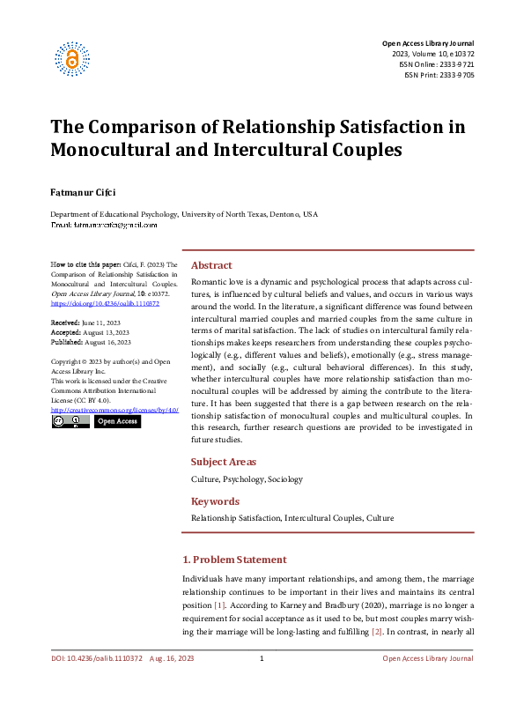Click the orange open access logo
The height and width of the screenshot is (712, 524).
[72, 58]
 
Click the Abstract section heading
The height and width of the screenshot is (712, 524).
[211, 265]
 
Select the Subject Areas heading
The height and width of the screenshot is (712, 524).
[224, 462]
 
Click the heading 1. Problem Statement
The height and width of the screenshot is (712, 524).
[233, 560]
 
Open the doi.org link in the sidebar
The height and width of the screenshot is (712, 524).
[105, 303]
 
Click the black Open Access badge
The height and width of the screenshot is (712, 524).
[116, 422]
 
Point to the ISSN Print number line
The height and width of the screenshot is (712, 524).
[439, 76]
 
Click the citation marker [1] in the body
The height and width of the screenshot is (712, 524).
[219, 605]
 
